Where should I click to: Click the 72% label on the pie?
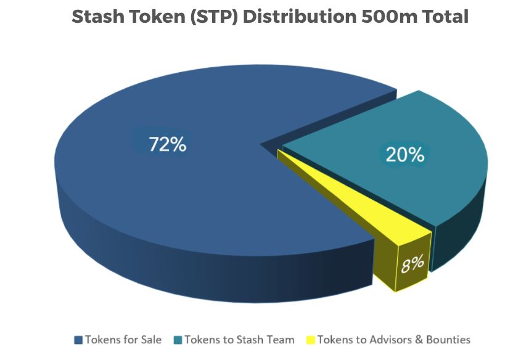[168, 144]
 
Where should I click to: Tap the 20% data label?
[405, 155]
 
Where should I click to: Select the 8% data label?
[412, 264]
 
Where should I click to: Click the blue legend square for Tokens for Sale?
[78, 340]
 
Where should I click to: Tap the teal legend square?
[178, 340]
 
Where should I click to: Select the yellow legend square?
[311, 340]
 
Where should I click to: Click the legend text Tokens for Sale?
[123, 340]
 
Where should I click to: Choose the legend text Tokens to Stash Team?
[240, 340]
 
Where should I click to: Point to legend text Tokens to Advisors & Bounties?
[394, 340]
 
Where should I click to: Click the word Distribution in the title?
[300, 16]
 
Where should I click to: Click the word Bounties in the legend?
[448, 340]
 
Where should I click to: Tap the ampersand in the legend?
[419, 340]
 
